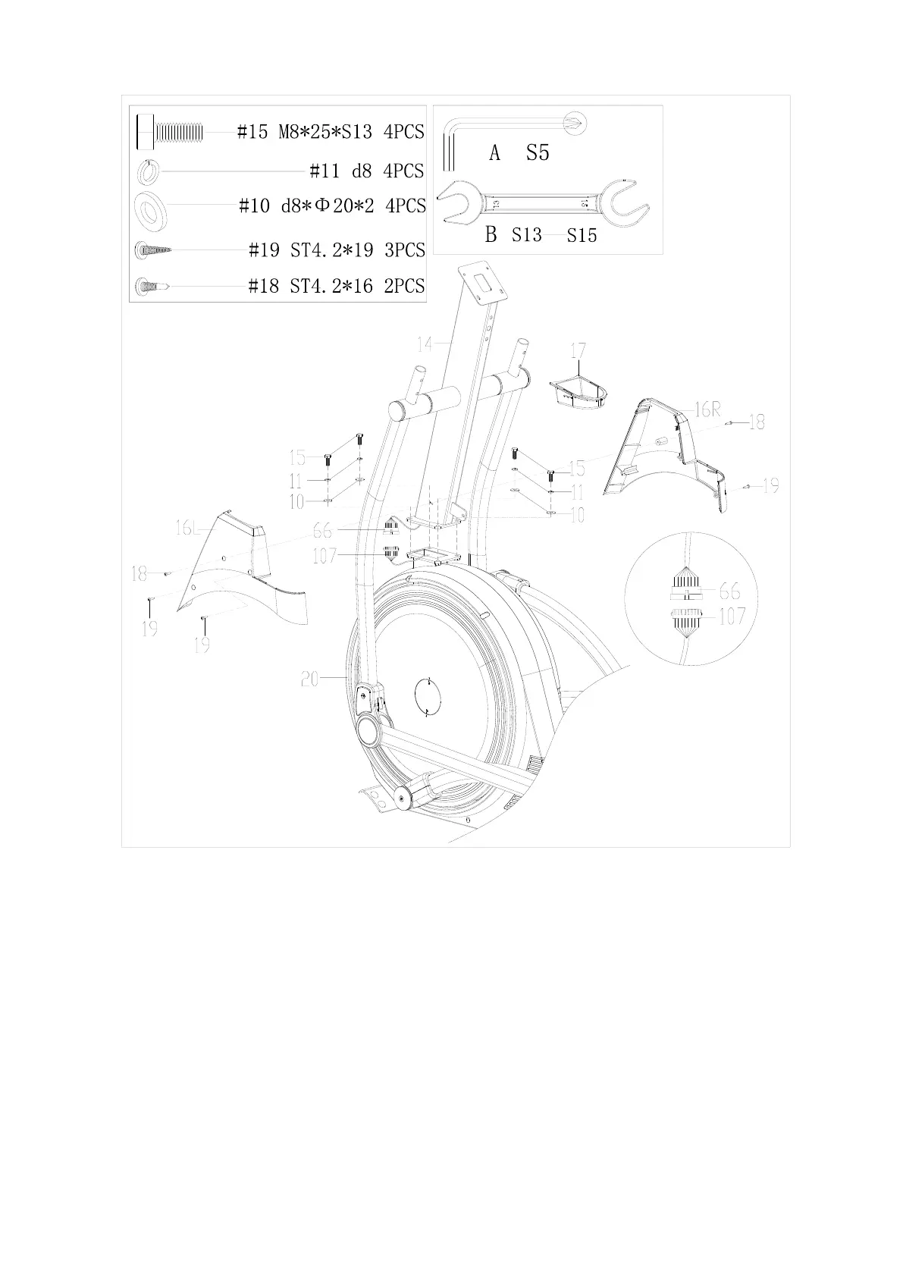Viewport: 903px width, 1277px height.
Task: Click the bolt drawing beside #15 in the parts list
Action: [170, 133]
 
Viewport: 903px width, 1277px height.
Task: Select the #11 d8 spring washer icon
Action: [148, 172]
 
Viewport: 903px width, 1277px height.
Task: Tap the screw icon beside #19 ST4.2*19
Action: [154, 249]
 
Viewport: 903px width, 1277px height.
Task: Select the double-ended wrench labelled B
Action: [545, 202]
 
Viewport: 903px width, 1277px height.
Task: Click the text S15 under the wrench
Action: [582, 236]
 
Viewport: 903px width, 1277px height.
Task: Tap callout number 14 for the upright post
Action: [424, 344]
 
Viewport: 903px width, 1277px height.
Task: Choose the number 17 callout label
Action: [578, 351]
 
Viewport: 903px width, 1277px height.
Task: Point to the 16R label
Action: [706, 410]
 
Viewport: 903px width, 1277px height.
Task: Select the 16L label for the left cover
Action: [187, 529]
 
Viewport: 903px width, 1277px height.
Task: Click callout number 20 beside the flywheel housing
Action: [310, 679]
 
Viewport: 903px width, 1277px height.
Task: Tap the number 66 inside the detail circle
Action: [729, 590]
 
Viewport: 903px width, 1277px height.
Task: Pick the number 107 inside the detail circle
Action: [731, 617]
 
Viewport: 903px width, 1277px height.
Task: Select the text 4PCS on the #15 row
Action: [403, 132]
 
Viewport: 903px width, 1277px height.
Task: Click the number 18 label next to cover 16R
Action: [756, 422]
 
